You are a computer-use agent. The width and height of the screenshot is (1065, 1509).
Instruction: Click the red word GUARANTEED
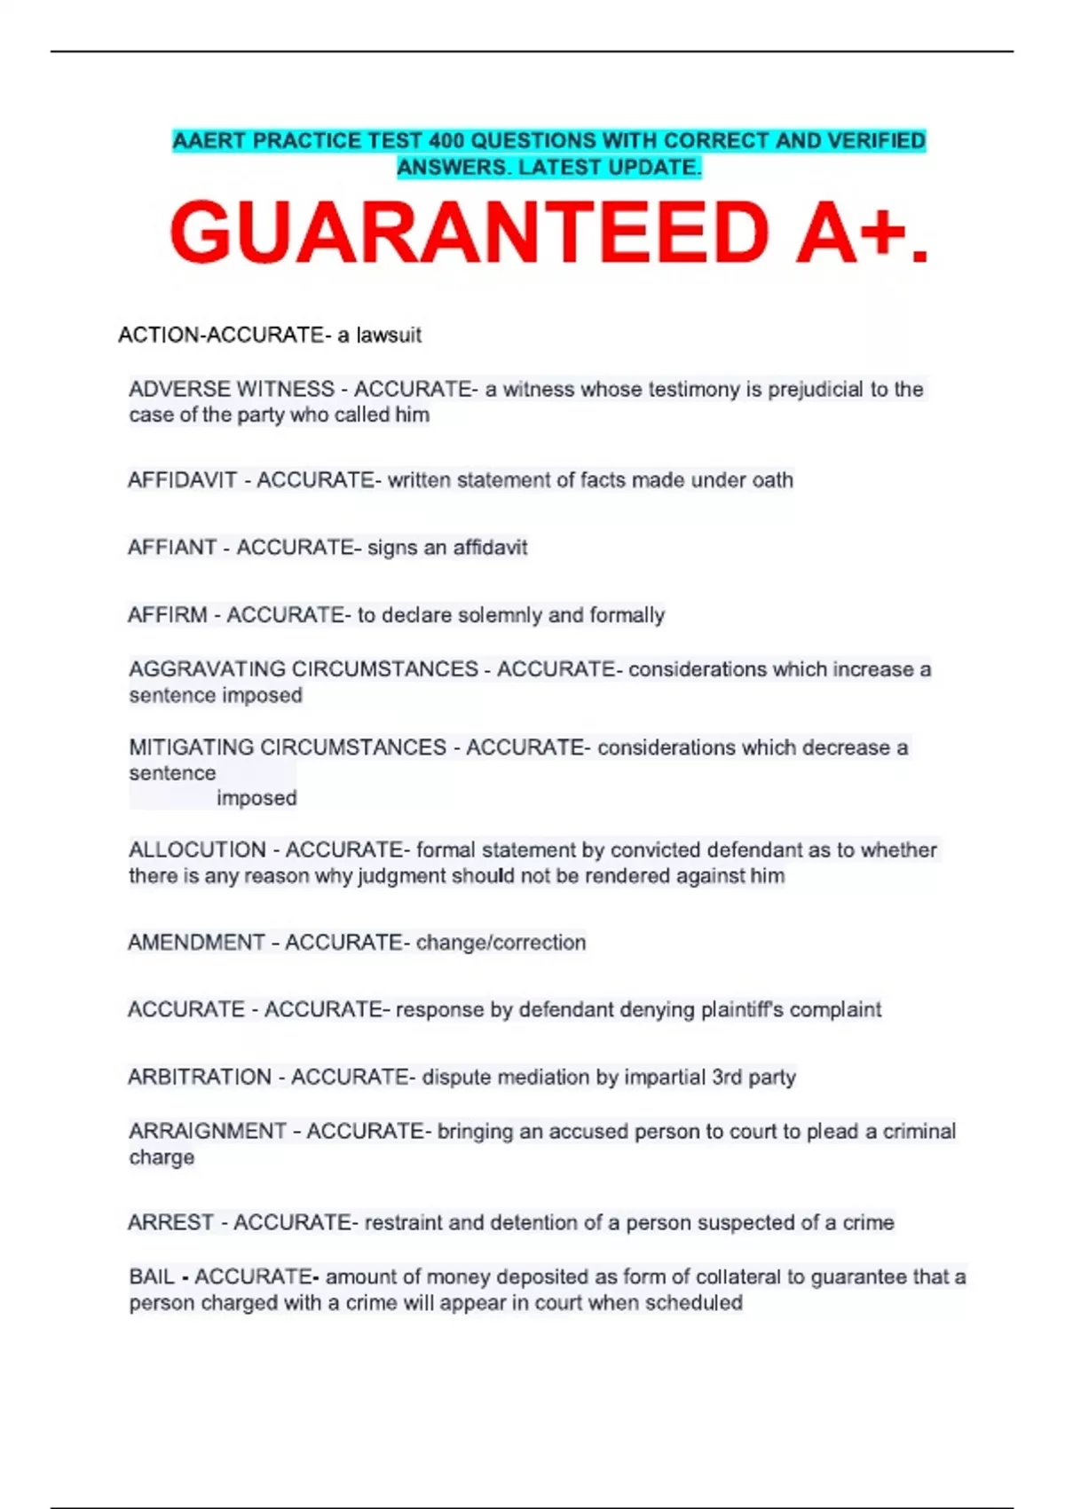coord(469,233)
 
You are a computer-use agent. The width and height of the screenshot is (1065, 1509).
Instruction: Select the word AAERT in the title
coord(209,141)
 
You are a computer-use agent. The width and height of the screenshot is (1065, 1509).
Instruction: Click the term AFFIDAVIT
coord(183,480)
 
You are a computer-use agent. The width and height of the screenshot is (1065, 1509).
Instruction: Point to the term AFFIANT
coord(172,548)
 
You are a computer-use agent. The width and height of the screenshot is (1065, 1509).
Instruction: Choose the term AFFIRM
coord(168,615)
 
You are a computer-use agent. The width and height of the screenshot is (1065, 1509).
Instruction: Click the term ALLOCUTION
coord(197,850)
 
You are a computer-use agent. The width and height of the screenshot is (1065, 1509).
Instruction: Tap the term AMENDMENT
coord(196,943)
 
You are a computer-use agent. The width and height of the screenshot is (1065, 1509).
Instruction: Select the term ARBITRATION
coord(200,1078)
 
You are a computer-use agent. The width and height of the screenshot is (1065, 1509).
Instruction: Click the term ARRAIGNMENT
coord(208,1132)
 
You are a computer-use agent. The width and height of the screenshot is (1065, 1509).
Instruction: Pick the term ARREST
coord(170,1223)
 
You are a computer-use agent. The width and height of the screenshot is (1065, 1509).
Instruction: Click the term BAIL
coord(152,1277)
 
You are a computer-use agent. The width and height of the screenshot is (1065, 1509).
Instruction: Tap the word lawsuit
coord(389,336)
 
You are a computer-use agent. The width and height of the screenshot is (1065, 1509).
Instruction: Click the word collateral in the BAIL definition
coord(734,1277)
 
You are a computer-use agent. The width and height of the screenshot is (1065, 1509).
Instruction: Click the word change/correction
coord(501,943)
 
